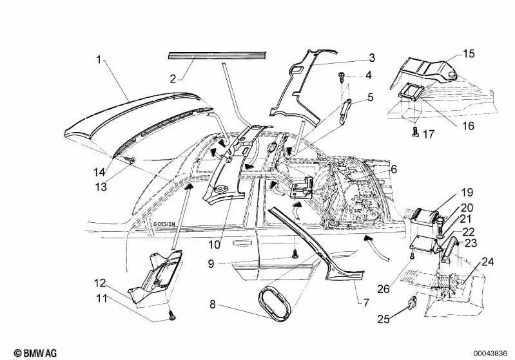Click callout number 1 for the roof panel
pyautogui.click(x=99, y=59)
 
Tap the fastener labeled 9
pyautogui.click(x=295, y=254)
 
